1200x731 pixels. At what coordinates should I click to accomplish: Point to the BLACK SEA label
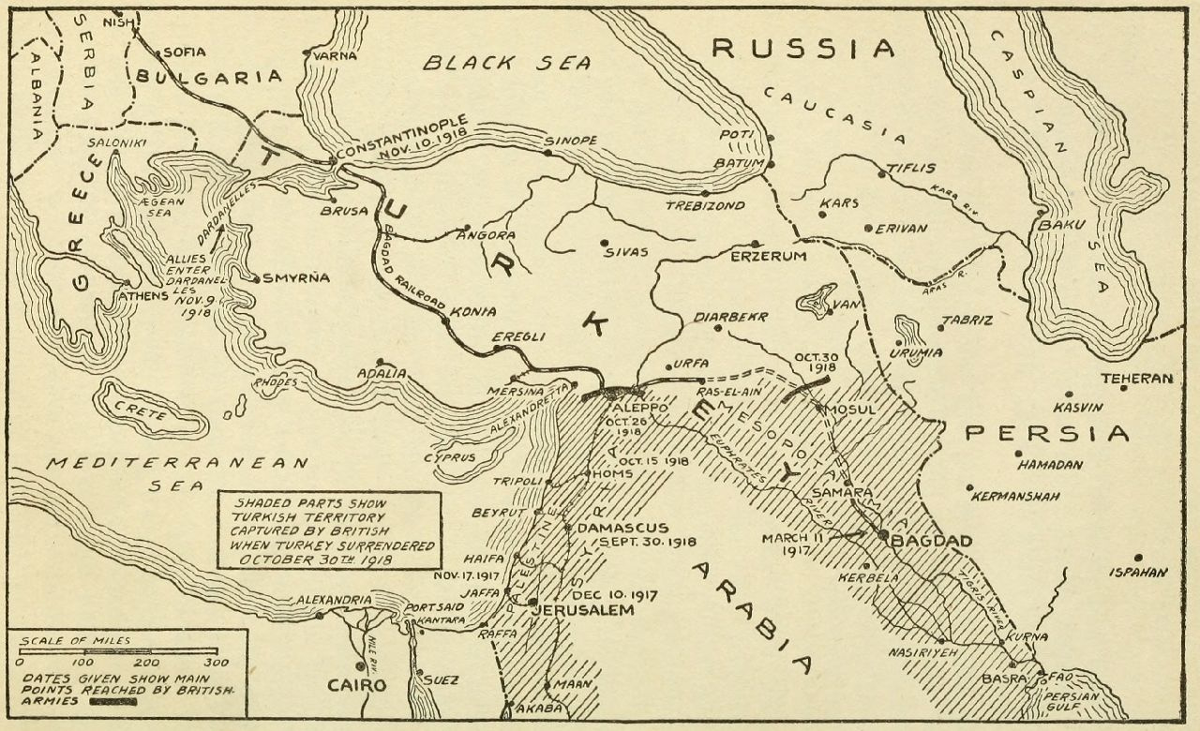[x=507, y=63]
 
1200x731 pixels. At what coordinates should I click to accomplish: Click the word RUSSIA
[x=803, y=49]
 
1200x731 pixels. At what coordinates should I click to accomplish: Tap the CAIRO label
[x=355, y=685]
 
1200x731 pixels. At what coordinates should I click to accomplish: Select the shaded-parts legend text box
[x=328, y=530]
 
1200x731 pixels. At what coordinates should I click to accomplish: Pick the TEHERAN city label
[x=1136, y=379]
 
